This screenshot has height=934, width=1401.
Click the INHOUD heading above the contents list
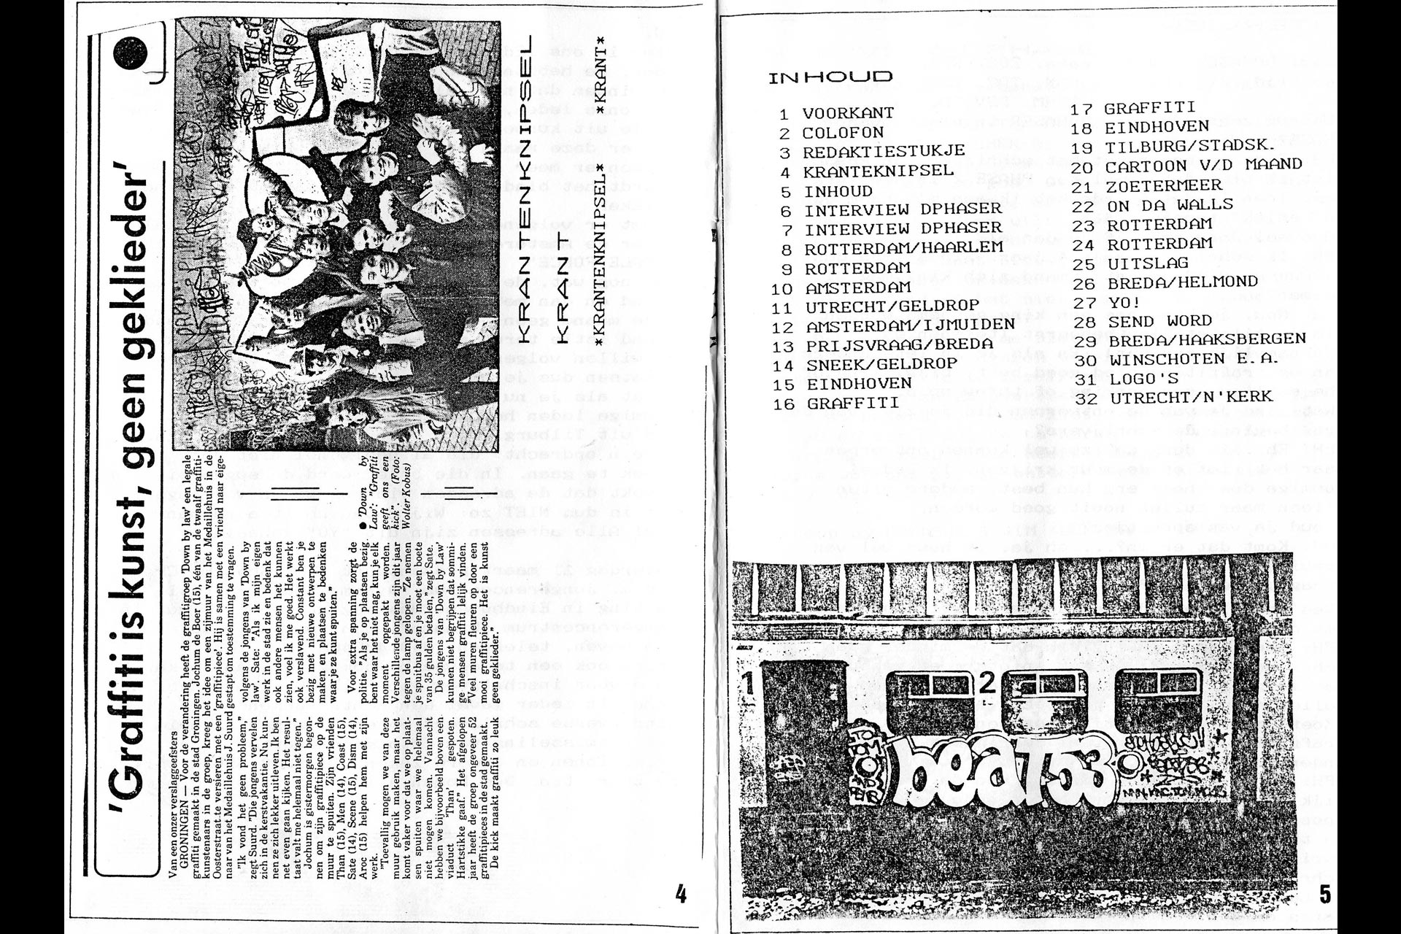point(830,77)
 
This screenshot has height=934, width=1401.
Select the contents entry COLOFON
point(843,133)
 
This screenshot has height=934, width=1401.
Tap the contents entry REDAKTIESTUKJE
point(884,152)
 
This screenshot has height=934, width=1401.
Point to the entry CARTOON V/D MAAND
point(1204,165)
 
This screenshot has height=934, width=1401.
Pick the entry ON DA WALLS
point(1170,204)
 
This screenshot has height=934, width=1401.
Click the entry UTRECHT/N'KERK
point(1191,397)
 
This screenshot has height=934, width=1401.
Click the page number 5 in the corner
point(1325,894)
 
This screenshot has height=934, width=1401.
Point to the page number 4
point(681,894)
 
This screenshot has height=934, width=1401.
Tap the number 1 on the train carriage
point(747,684)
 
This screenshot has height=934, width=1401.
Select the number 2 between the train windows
point(987,684)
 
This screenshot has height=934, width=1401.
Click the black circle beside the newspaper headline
point(131,53)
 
